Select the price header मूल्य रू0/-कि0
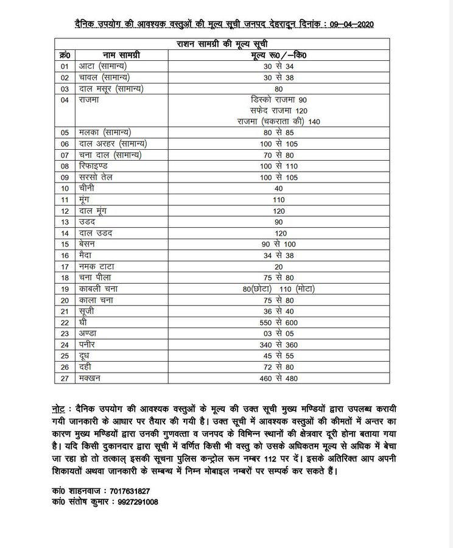[x=279, y=55]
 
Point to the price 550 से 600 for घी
[x=279, y=321]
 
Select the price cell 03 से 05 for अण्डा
[x=279, y=332]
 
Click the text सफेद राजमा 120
[x=278, y=110]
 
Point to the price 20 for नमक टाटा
[x=279, y=266]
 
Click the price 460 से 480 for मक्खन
[x=279, y=378]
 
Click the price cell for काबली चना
[x=279, y=288]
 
